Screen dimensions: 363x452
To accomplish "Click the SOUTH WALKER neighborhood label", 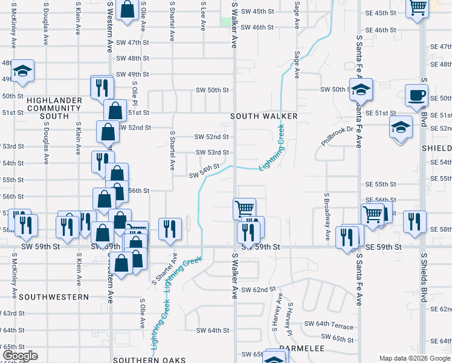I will point(263,116).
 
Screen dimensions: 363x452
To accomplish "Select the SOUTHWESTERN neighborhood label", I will point(53,297).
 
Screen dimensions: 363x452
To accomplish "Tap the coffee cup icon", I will point(416,95).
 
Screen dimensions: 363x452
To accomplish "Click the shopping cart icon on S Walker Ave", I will point(244,209).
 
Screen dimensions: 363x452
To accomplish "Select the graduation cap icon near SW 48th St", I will point(22,71).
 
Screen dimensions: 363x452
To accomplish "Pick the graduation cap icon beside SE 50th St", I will point(361,90).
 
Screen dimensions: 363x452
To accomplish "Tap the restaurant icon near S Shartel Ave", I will point(170,228).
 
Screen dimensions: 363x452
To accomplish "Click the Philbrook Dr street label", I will point(337,136).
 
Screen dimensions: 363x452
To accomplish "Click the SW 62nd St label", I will point(254,290).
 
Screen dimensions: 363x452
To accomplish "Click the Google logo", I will point(19,356).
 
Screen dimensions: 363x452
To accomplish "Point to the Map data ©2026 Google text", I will point(414,358).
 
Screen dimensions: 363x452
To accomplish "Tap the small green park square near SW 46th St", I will point(225,22).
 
